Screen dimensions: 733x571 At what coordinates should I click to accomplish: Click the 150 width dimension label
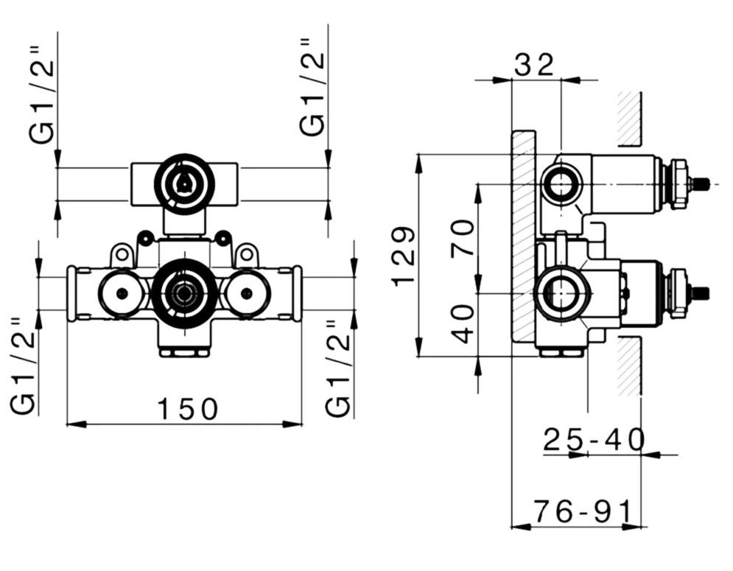coord(187,408)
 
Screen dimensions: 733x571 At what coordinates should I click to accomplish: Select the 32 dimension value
coord(534,65)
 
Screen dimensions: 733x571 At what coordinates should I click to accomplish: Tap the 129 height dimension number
coord(403,256)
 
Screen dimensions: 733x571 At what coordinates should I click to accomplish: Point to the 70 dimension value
coord(463,237)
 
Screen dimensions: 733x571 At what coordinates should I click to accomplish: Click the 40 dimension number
coord(463,323)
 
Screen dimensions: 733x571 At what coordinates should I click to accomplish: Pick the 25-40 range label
coord(595,440)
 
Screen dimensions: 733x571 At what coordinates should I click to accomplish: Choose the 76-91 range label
coord(583,511)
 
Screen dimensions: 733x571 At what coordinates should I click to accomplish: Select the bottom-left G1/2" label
coord(23,365)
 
